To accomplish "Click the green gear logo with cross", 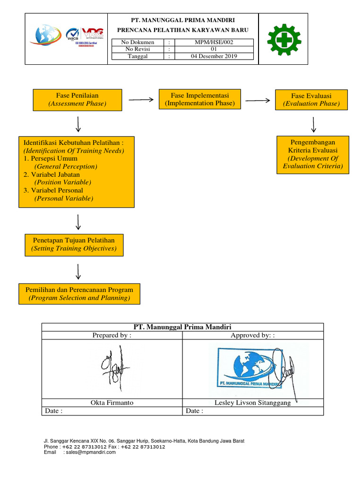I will point(284,39).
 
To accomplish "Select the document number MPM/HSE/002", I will point(214,42).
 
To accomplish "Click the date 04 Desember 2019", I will point(214,56).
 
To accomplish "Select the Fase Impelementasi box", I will point(200,99).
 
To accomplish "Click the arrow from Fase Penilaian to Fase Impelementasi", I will point(141,99).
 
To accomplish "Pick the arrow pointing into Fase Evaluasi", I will point(257,100).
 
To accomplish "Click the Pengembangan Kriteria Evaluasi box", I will point(312,154).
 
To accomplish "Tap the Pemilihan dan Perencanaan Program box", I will point(79,294).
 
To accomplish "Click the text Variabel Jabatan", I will point(55,174).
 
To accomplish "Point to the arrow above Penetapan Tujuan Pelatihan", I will point(78,222).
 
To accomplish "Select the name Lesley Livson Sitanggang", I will point(252,403).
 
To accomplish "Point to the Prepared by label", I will point(112,335).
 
